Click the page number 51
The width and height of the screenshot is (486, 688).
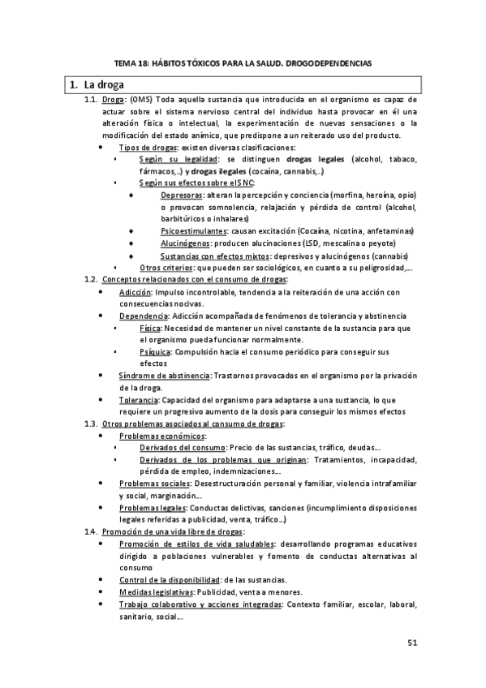(x=411, y=643)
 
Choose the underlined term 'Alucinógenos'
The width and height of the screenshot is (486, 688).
(x=186, y=243)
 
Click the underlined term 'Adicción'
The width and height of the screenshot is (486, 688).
(x=135, y=292)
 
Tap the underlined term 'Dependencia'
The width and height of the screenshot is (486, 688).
(x=142, y=315)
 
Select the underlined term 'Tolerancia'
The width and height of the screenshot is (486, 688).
(x=139, y=400)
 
